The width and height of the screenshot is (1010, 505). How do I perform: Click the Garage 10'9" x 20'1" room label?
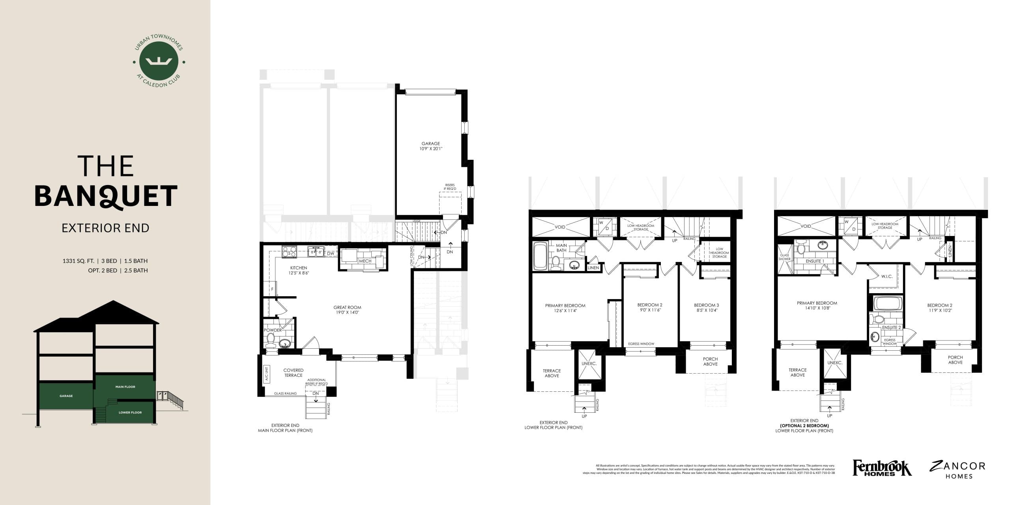click(x=430, y=146)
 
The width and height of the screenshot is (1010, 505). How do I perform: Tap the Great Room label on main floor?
click(x=347, y=310)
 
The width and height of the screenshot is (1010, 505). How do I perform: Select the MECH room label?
click(x=365, y=261)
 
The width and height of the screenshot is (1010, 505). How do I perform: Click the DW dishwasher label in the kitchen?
click(x=331, y=253)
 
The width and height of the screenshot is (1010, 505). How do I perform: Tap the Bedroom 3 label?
click(x=706, y=307)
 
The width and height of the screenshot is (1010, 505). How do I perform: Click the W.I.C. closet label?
click(x=887, y=277)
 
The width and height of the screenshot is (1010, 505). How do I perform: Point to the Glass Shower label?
click(x=784, y=257)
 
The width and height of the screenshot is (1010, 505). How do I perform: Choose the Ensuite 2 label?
click(x=891, y=327)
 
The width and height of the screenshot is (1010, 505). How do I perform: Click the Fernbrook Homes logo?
click(x=882, y=468)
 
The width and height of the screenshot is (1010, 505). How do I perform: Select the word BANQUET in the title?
click(x=106, y=196)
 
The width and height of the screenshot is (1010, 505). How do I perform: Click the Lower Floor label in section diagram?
click(x=130, y=412)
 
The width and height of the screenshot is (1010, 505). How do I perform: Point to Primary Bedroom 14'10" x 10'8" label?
click(x=817, y=305)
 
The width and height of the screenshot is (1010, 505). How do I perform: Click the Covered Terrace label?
click(x=293, y=372)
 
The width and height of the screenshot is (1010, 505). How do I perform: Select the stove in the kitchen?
click(x=290, y=252)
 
